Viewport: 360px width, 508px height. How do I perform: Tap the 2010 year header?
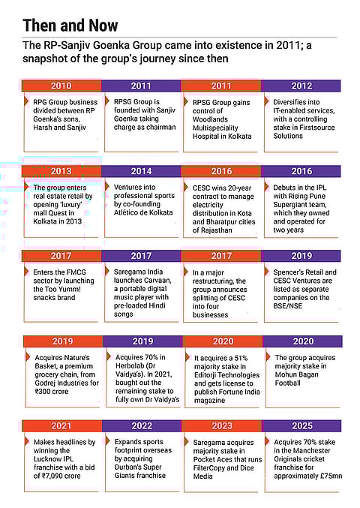[61, 86]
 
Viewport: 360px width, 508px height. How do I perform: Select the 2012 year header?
[301, 86]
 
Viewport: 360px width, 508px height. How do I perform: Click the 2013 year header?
[61, 171]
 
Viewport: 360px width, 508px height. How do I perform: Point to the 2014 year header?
[140, 171]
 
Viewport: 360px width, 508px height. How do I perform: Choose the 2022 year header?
[140, 425]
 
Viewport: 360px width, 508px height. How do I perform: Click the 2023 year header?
[222, 425]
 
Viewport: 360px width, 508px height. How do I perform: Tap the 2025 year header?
[301, 425]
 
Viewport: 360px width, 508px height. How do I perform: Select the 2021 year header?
[61, 425]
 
